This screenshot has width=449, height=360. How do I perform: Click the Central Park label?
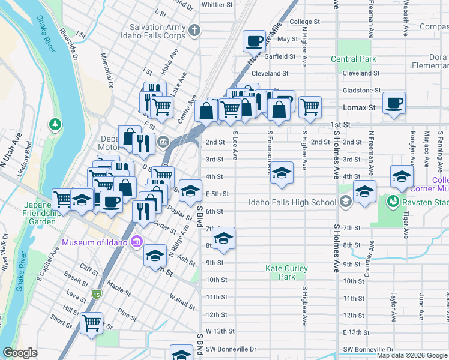pyautogui.click(x=354, y=59)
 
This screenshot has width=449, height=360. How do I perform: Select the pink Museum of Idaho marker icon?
pyautogui.click(x=136, y=242)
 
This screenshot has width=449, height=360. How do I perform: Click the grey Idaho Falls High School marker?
pyautogui.click(x=345, y=202)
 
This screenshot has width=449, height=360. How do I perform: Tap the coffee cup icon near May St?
pyautogui.click(x=254, y=41)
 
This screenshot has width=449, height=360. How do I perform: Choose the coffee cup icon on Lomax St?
pyautogui.click(x=394, y=102)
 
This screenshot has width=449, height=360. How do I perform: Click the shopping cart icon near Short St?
pyautogui.click(x=91, y=323)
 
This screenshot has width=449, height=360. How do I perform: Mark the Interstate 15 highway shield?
pyautogui.click(x=97, y=293)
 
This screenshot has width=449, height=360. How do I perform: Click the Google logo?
pyautogui.click(x=20, y=353)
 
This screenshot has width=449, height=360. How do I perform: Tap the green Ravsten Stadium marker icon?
pyautogui.click(x=393, y=200)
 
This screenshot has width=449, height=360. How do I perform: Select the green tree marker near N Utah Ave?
pyautogui.click(x=55, y=124)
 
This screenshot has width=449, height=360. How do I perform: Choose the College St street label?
pyautogui.click(x=301, y=22)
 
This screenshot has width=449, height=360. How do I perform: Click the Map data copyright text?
pyautogui.click(x=412, y=355)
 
